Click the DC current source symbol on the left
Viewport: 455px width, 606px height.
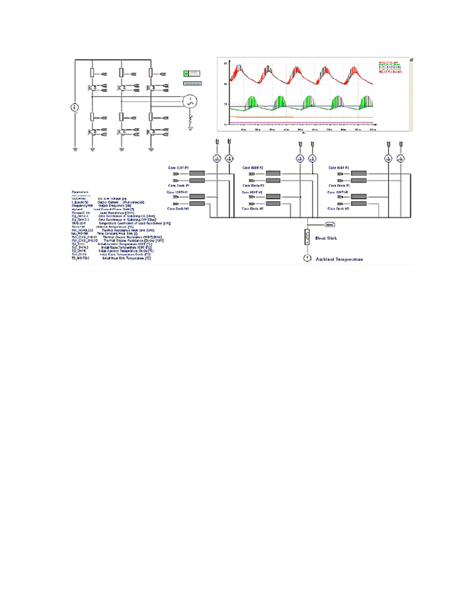(75, 107)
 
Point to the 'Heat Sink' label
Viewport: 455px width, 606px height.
(326, 238)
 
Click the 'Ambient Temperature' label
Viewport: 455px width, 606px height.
(339, 259)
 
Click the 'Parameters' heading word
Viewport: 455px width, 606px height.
(80, 192)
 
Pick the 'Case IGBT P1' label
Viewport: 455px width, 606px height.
(179, 169)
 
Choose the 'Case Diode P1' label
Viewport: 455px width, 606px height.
(178, 186)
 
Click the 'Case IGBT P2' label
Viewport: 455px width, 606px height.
(253, 169)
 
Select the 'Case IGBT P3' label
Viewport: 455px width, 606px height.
(338, 169)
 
